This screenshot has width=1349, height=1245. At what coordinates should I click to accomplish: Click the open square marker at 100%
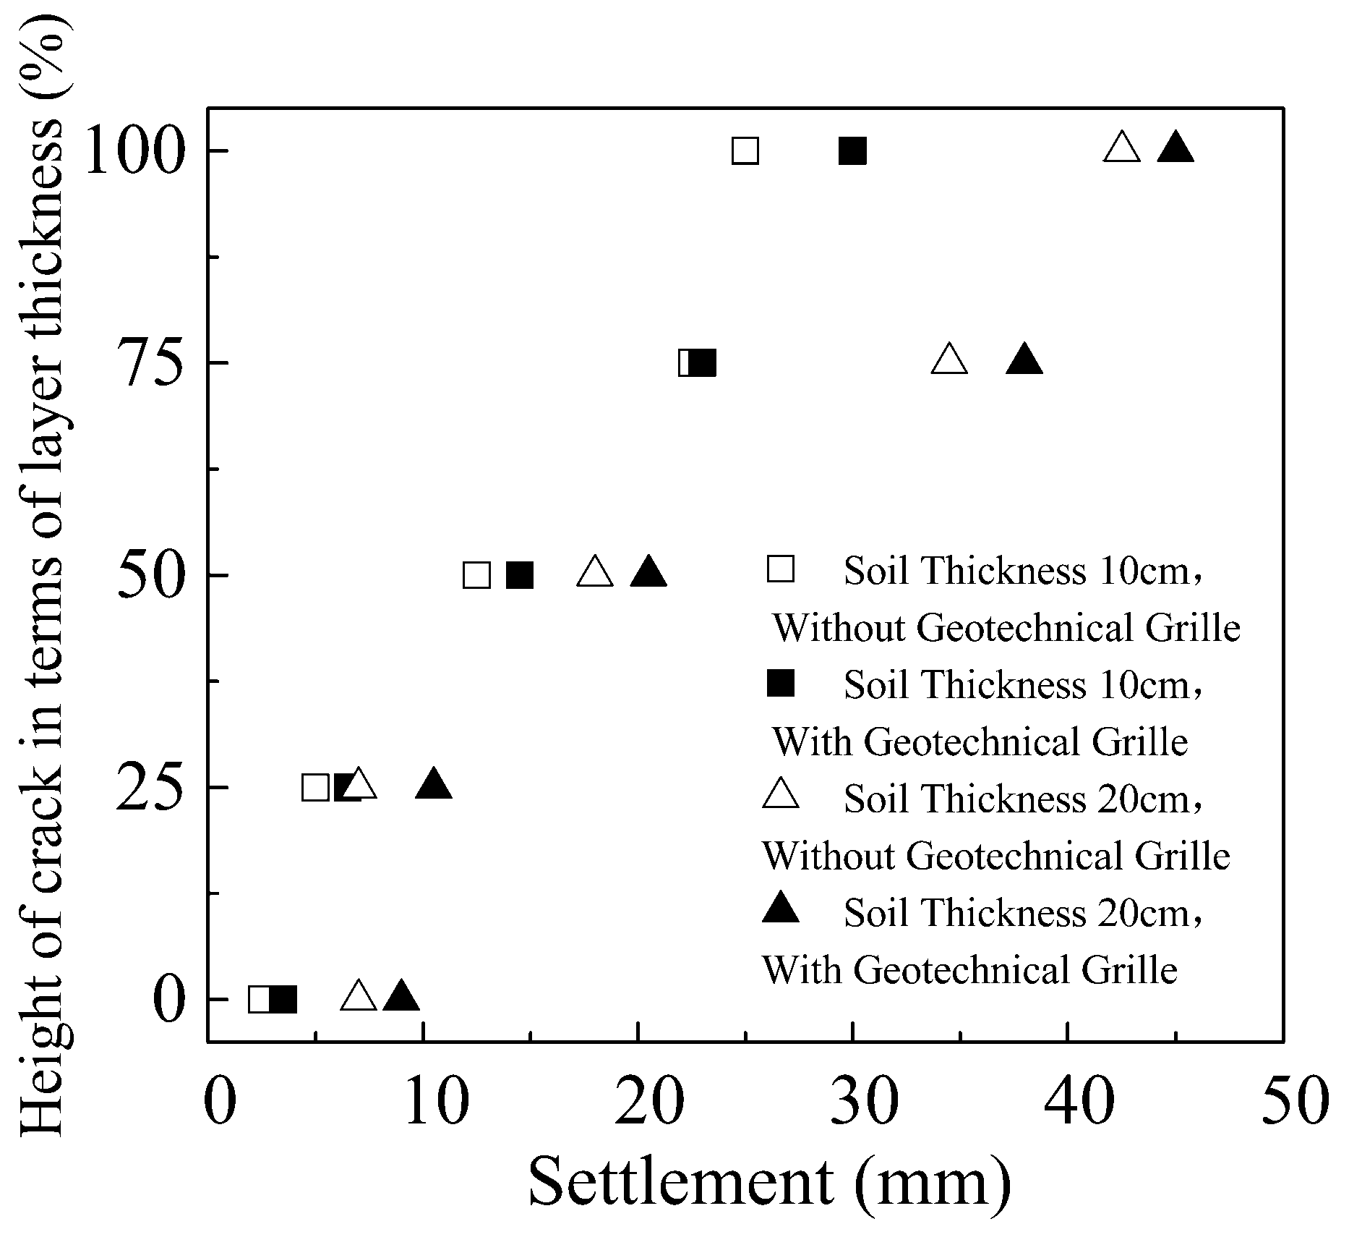coord(745,151)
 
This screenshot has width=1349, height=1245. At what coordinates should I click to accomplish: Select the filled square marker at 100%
coord(853,151)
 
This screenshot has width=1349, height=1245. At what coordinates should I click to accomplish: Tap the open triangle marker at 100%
coord(1122,148)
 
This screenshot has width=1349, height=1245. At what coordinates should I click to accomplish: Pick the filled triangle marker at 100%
coord(1175,148)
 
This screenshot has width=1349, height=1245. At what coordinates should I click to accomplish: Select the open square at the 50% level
coord(476,575)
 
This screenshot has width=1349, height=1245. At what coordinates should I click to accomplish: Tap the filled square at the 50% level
coord(520,575)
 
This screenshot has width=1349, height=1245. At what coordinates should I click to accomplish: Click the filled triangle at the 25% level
coord(434,785)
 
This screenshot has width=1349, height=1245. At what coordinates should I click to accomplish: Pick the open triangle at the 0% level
coord(359,997)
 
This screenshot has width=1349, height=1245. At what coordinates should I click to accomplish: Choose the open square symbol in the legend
coord(781,569)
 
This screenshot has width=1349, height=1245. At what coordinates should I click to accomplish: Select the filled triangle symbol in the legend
coord(781,909)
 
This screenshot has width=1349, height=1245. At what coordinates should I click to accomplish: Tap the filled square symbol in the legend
coord(781,683)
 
